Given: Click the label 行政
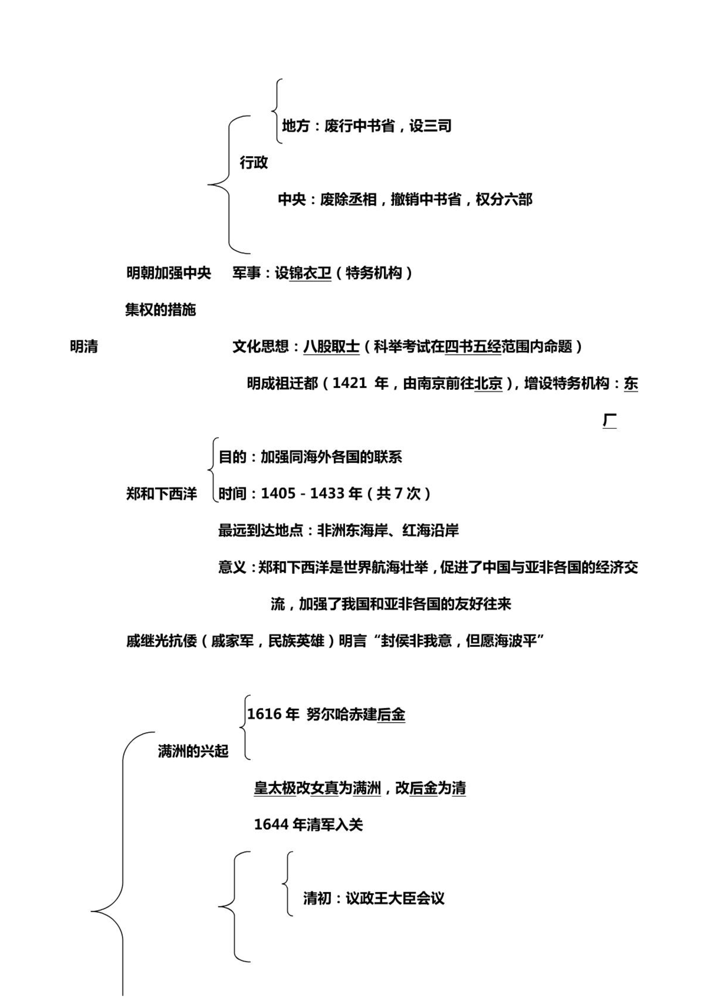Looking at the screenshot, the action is pyautogui.click(x=254, y=163).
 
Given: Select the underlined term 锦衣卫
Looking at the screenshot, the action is pyautogui.click(x=310, y=273).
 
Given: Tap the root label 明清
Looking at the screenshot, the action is pyautogui.click(x=84, y=346).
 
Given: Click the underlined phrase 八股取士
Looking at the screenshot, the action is pyautogui.click(x=331, y=346).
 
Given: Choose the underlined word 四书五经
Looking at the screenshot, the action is pyautogui.click(x=473, y=346).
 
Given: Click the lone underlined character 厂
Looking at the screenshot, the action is pyautogui.click(x=610, y=420).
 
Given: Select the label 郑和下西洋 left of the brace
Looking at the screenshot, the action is pyautogui.click(x=161, y=494).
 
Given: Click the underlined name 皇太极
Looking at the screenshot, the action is pyautogui.click(x=275, y=788).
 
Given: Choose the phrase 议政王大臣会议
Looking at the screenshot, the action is pyautogui.click(x=395, y=898).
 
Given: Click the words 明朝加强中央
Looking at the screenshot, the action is pyautogui.click(x=169, y=273).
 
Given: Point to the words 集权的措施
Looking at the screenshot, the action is pyautogui.click(x=160, y=310).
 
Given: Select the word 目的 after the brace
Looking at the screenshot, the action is pyautogui.click(x=232, y=456).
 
